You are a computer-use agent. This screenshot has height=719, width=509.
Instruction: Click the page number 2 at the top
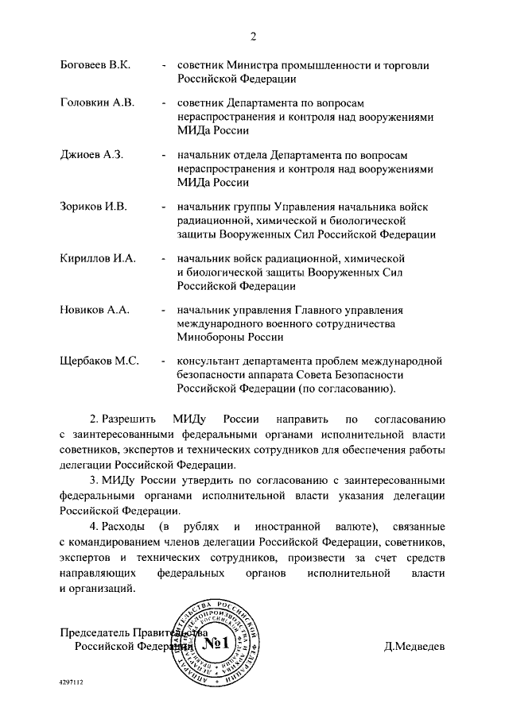click(x=254, y=36)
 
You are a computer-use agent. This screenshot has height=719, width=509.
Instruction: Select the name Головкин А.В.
click(x=98, y=103)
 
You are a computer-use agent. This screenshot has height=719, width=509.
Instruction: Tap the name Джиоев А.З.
click(x=91, y=155)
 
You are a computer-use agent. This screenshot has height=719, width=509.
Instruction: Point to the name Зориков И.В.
click(x=94, y=207)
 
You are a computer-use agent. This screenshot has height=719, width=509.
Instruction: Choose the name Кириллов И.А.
click(x=99, y=258)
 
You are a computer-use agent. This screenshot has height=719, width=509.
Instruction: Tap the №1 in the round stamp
click(x=215, y=642)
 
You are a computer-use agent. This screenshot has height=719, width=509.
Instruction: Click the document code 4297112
click(x=71, y=682)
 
